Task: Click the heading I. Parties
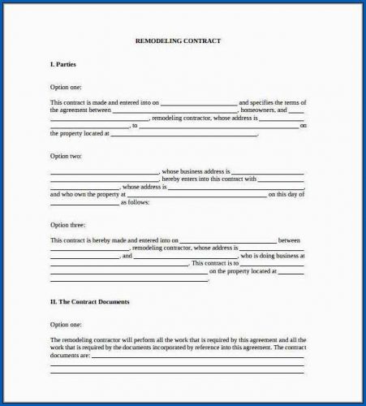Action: click(64, 63)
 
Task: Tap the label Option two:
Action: click(66, 155)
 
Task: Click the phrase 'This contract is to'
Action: click(215, 264)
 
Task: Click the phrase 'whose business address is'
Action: click(196, 171)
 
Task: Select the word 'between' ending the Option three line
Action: click(290, 240)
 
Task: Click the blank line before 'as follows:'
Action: click(84, 203)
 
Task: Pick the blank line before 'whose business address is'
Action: click(105, 172)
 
